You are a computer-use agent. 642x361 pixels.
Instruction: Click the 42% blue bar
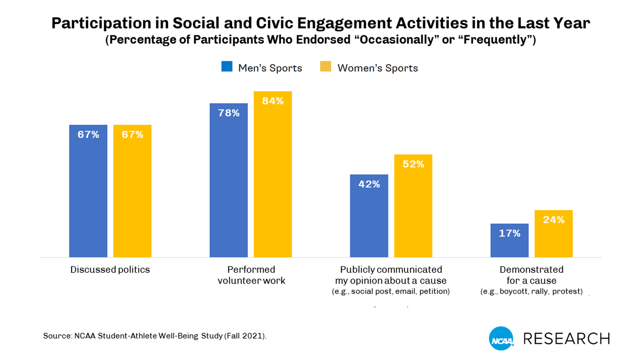pyautogui.click(x=369, y=216)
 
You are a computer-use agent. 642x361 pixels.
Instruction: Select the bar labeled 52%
pyautogui.click(x=413, y=206)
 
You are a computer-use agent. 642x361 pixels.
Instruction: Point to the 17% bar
pyautogui.click(x=509, y=241)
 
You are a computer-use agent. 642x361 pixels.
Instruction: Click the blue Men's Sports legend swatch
pyautogui.click(x=227, y=67)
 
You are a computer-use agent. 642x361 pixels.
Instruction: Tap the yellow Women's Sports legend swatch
pyautogui.click(x=325, y=67)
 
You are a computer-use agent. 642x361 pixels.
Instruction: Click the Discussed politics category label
pyautogui.click(x=110, y=270)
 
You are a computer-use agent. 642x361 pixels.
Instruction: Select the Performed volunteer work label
pyautogui.click(x=250, y=275)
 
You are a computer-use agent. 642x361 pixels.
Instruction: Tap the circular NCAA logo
pyautogui.click(x=501, y=339)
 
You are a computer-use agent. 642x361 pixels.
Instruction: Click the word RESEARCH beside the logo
pyautogui.click(x=566, y=339)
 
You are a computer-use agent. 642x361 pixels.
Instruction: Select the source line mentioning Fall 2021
pyautogui.click(x=155, y=336)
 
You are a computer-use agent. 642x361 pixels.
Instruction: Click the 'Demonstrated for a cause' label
pyautogui.click(x=531, y=275)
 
